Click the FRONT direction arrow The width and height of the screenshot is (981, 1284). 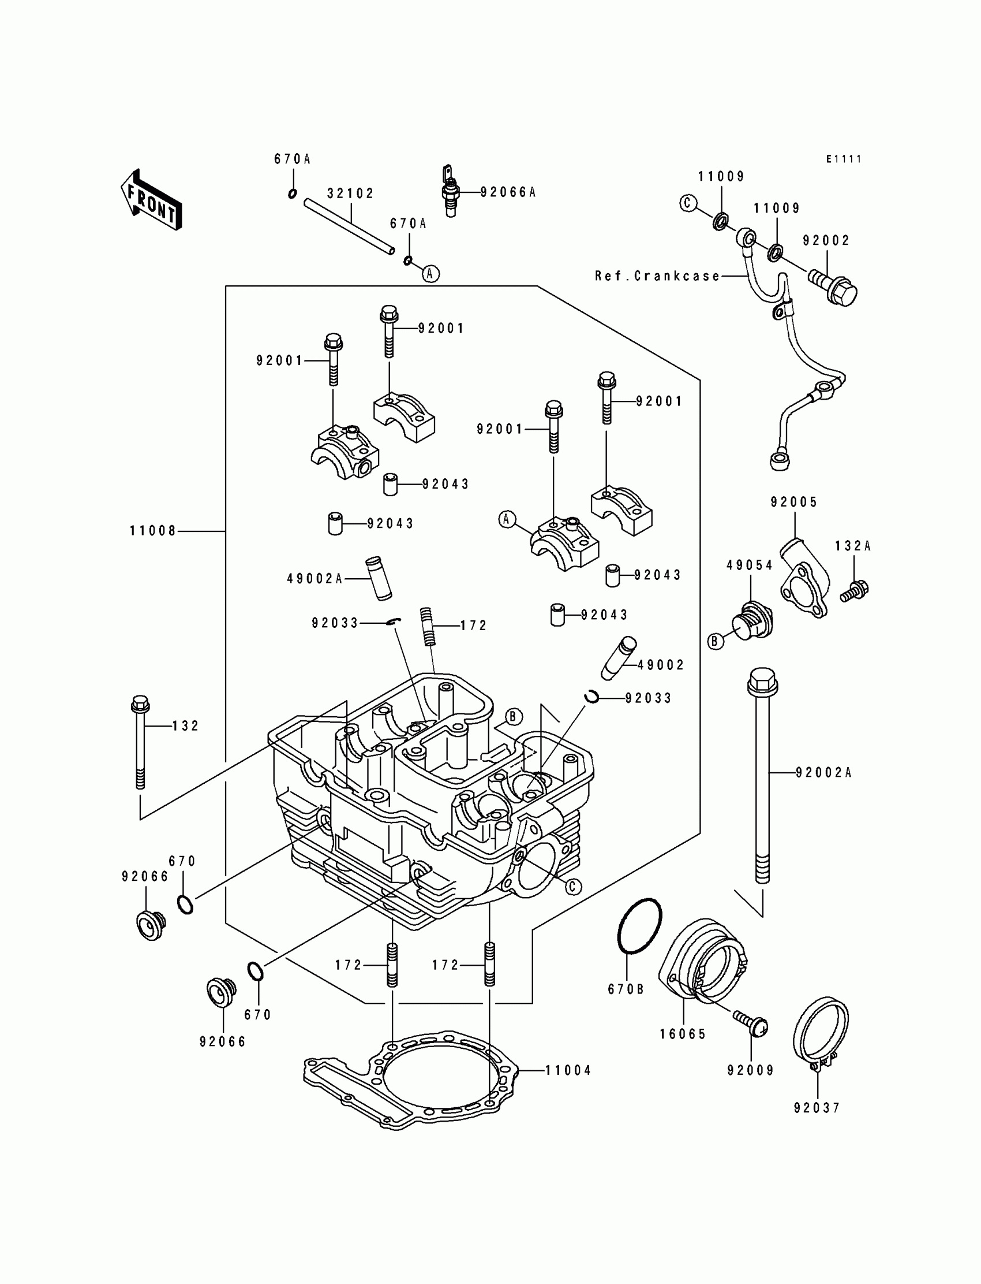(x=151, y=200)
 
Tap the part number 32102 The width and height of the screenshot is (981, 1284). (x=350, y=193)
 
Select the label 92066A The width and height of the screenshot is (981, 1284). (x=508, y=192)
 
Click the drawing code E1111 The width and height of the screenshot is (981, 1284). (x=844, y=159)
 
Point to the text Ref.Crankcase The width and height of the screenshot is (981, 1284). (x=657, y=276)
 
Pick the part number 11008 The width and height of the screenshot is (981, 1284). (x=153, y=531)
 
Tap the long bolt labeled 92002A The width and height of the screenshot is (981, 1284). (x=762, y=783)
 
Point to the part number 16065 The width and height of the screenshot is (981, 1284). (x=683, y=1034)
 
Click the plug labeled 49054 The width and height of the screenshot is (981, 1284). (x=751, y=620)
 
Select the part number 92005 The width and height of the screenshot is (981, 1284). (x=794, y=502)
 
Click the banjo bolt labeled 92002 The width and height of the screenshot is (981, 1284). (x=833, y=288)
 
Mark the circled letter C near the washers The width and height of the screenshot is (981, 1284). (x=688, y=203)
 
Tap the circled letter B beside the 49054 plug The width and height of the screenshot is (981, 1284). (x=716, y=642)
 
